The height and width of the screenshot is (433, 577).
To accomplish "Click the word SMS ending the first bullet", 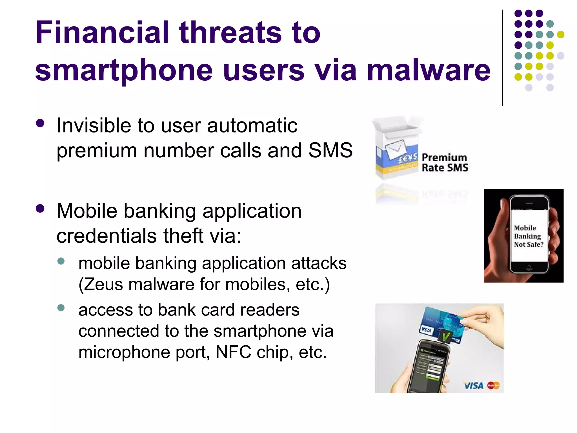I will click(330, 150).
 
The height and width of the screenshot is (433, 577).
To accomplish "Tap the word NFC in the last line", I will click(233, 352).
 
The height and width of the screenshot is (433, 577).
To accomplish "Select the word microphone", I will click(124, 352).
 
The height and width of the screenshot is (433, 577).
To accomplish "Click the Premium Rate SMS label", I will click(445, 163).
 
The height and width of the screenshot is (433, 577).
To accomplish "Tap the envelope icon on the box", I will click(396, 148).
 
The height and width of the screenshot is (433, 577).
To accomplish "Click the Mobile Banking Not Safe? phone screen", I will click(529, 236).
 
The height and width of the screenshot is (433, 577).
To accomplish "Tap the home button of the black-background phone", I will click(529, 267).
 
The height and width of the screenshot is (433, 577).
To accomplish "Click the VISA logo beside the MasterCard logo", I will click(473, 385).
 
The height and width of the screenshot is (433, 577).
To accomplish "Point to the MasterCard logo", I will click(493, 385).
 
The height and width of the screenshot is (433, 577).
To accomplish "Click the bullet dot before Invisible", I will click(40, 123).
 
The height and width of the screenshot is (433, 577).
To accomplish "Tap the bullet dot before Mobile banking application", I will click(40, 209).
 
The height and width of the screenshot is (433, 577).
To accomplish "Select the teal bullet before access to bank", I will click(61, 308).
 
